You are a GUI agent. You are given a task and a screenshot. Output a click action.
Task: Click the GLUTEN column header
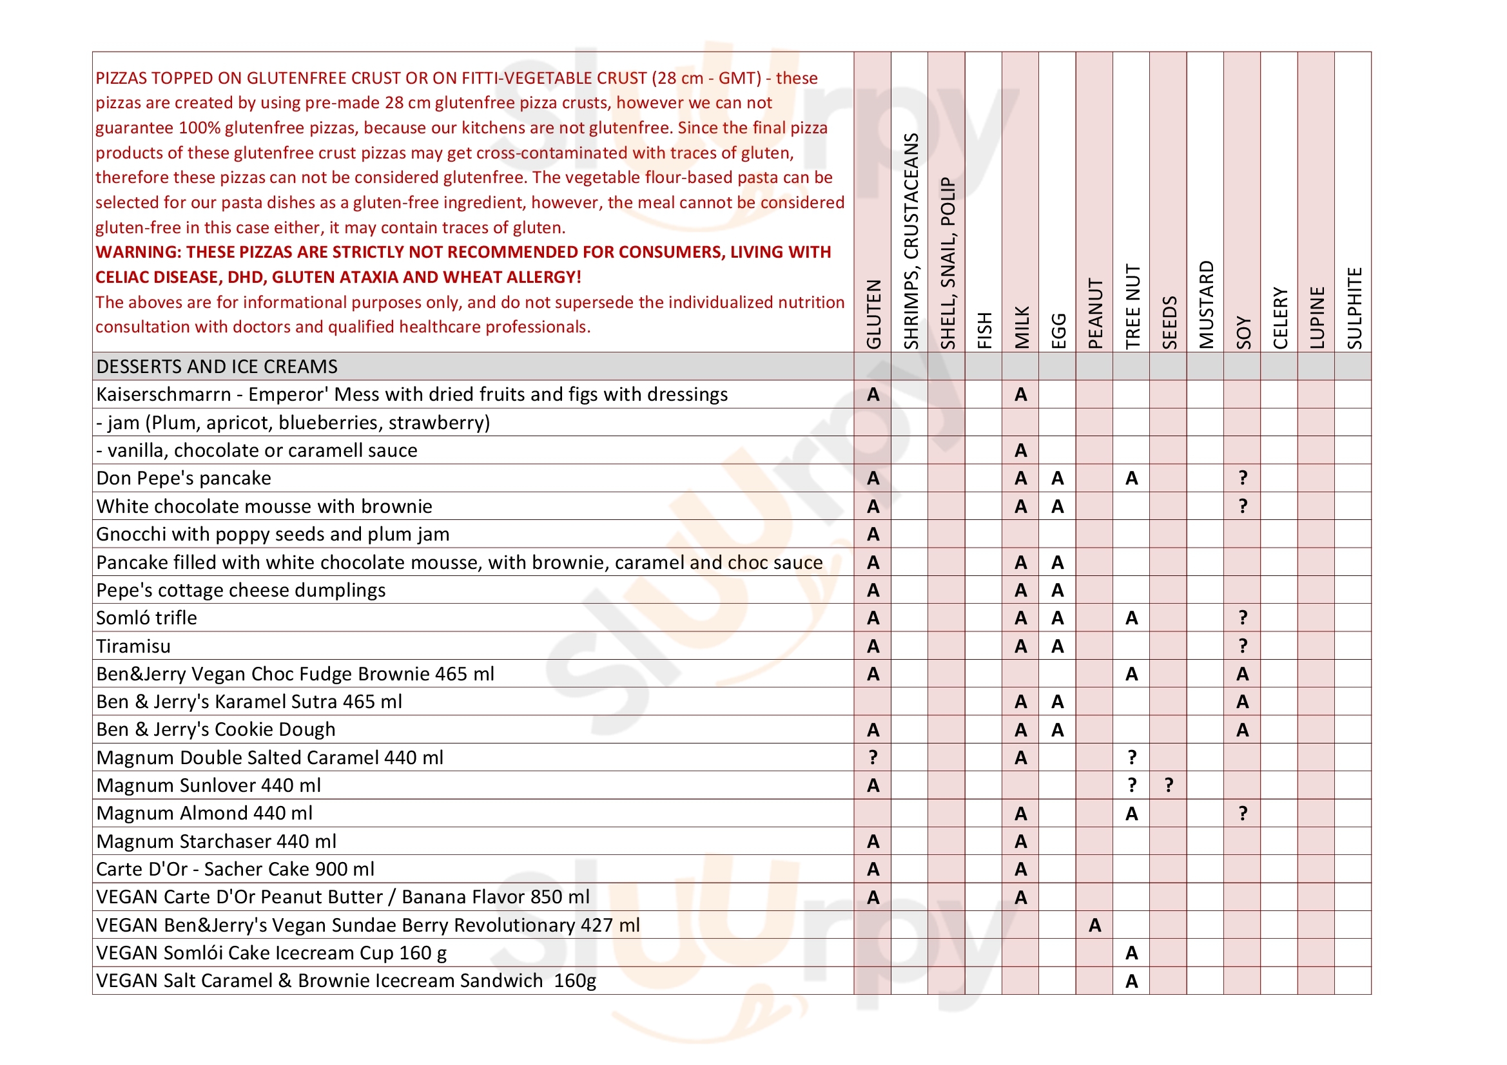873,314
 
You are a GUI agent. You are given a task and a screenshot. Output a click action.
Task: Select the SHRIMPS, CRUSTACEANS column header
910,241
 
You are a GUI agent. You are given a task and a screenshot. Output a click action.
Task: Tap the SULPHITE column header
1354,308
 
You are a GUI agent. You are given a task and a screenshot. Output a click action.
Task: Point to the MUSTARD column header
1206,305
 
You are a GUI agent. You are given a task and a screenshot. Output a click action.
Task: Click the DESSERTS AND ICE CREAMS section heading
217,366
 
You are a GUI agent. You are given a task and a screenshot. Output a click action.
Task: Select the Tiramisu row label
133,646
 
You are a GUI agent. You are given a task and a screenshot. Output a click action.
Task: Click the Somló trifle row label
146,618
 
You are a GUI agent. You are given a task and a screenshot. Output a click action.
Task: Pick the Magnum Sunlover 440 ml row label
209,785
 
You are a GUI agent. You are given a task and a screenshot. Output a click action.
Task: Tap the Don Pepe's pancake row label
184,478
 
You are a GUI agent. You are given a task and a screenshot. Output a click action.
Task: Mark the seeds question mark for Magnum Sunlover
1169,785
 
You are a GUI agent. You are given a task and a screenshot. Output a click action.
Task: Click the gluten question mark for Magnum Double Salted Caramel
873,758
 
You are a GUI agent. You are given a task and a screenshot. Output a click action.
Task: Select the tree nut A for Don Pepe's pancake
1132,478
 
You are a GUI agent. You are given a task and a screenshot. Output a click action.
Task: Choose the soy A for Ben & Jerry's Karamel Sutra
1243,702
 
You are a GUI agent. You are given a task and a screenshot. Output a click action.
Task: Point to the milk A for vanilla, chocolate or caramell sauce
1020,451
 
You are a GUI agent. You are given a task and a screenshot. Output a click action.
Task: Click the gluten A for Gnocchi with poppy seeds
873,535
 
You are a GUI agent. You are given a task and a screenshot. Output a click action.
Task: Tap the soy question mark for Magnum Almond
1243,814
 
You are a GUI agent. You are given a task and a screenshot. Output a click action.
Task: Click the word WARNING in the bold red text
136,253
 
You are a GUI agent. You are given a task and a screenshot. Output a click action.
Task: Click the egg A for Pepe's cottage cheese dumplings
1057,591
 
